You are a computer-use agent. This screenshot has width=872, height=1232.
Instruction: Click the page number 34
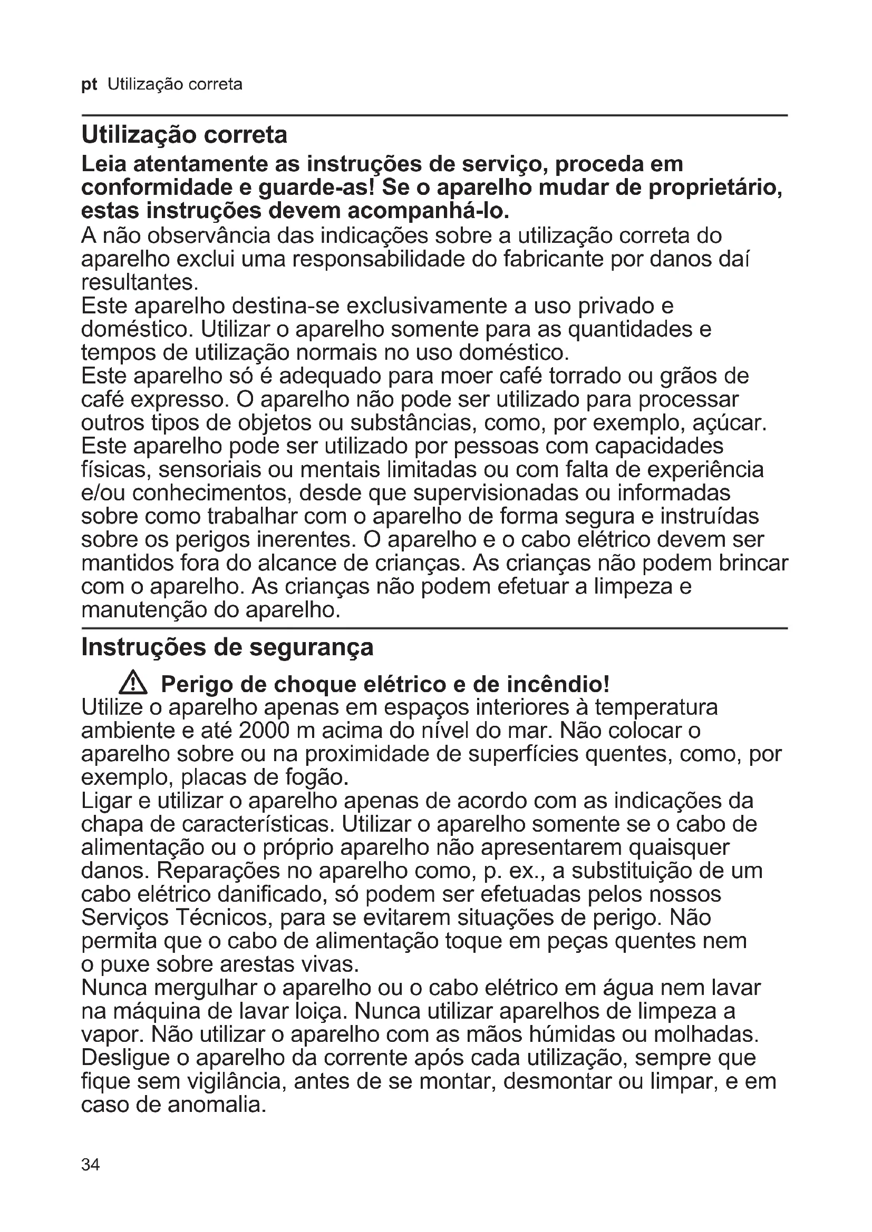[x=90, y=1164]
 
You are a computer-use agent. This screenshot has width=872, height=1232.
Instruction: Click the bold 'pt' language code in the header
[x=89, y=85]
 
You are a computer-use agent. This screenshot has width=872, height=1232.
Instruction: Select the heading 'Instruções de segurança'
[x=227, y=647]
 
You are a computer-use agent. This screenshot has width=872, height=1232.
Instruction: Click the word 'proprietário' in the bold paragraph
[x=715, y=188]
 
